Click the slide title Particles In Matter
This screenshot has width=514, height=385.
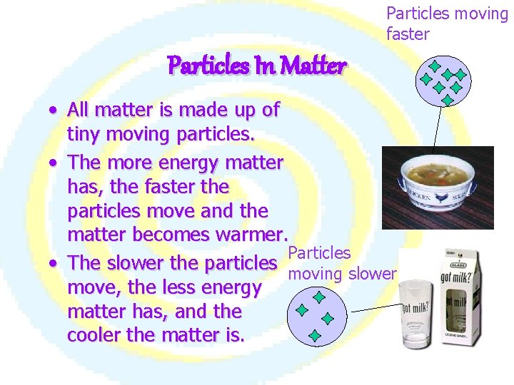256,66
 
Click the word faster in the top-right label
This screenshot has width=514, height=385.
408,34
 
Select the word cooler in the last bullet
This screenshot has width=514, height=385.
92,336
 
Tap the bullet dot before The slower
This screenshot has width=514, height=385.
54,265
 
